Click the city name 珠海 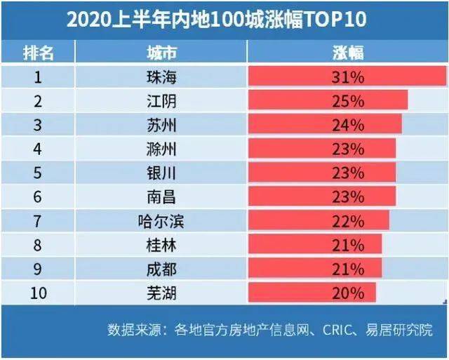click(161, 77)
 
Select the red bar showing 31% click(347, 76)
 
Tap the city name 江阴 click(161, 101)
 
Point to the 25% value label click(348, 101)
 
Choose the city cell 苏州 click(161, 125)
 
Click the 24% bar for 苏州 click(325, 124)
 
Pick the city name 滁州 click(161, 149)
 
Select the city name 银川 click(161, 173)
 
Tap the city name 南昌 click(161, 197)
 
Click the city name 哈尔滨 click(161, 221)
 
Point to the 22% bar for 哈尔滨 click(319, 220)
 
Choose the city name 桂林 click(161, 245)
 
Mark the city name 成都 click(161, 269)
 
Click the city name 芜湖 click(161, 293)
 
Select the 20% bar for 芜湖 click(312, 292)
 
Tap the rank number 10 click(38, 293)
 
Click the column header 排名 click(38, 53)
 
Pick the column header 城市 click(161, 53)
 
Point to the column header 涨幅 click(348, 53)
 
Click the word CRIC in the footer click(337, 330)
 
